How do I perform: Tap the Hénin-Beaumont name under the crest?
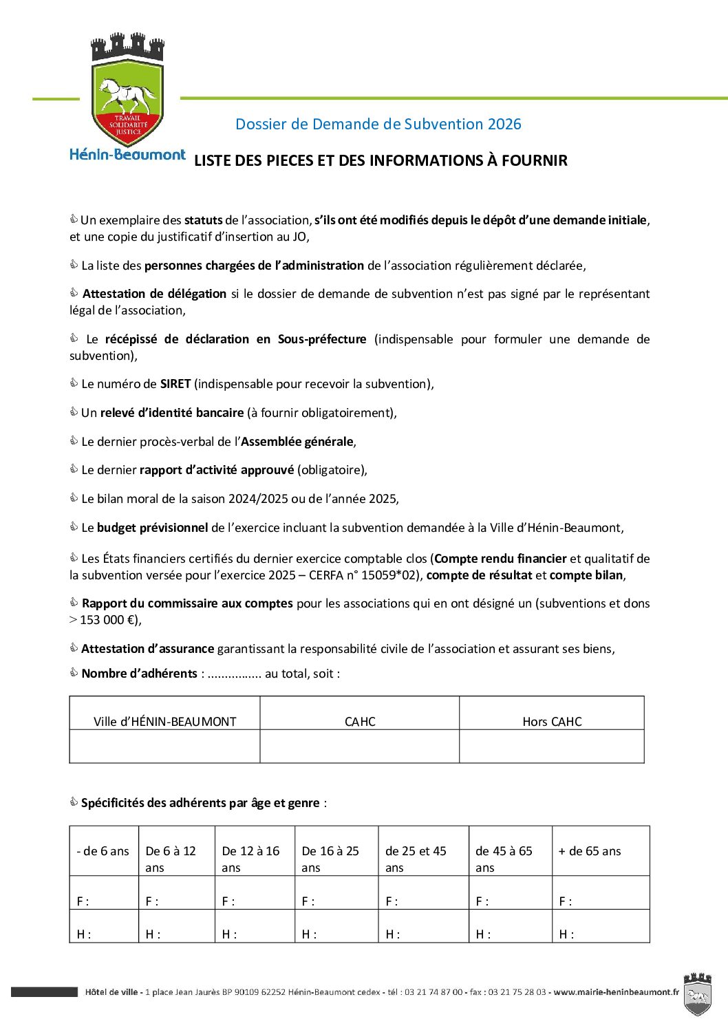127,155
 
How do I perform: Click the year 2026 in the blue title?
504,125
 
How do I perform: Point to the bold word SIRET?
175,384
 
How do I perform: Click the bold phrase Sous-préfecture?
322,339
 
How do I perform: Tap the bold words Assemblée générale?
297,442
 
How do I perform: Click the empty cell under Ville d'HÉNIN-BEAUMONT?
164,747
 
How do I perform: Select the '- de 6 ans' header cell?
103,851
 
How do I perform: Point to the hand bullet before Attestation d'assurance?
74,648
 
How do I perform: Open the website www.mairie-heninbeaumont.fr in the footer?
616,992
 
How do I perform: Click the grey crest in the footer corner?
697,994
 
